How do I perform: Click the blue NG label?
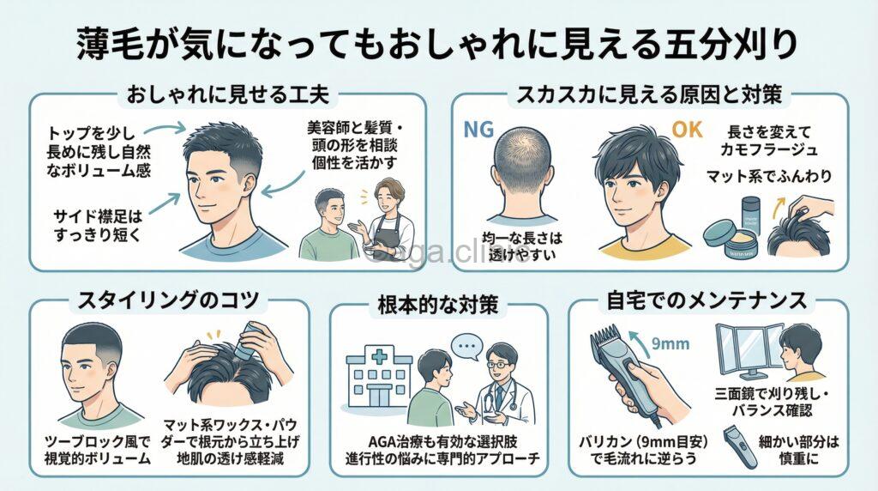(x=477, y=130)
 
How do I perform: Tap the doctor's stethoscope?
(x=503, y=397)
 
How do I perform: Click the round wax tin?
(x=724, y=234)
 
